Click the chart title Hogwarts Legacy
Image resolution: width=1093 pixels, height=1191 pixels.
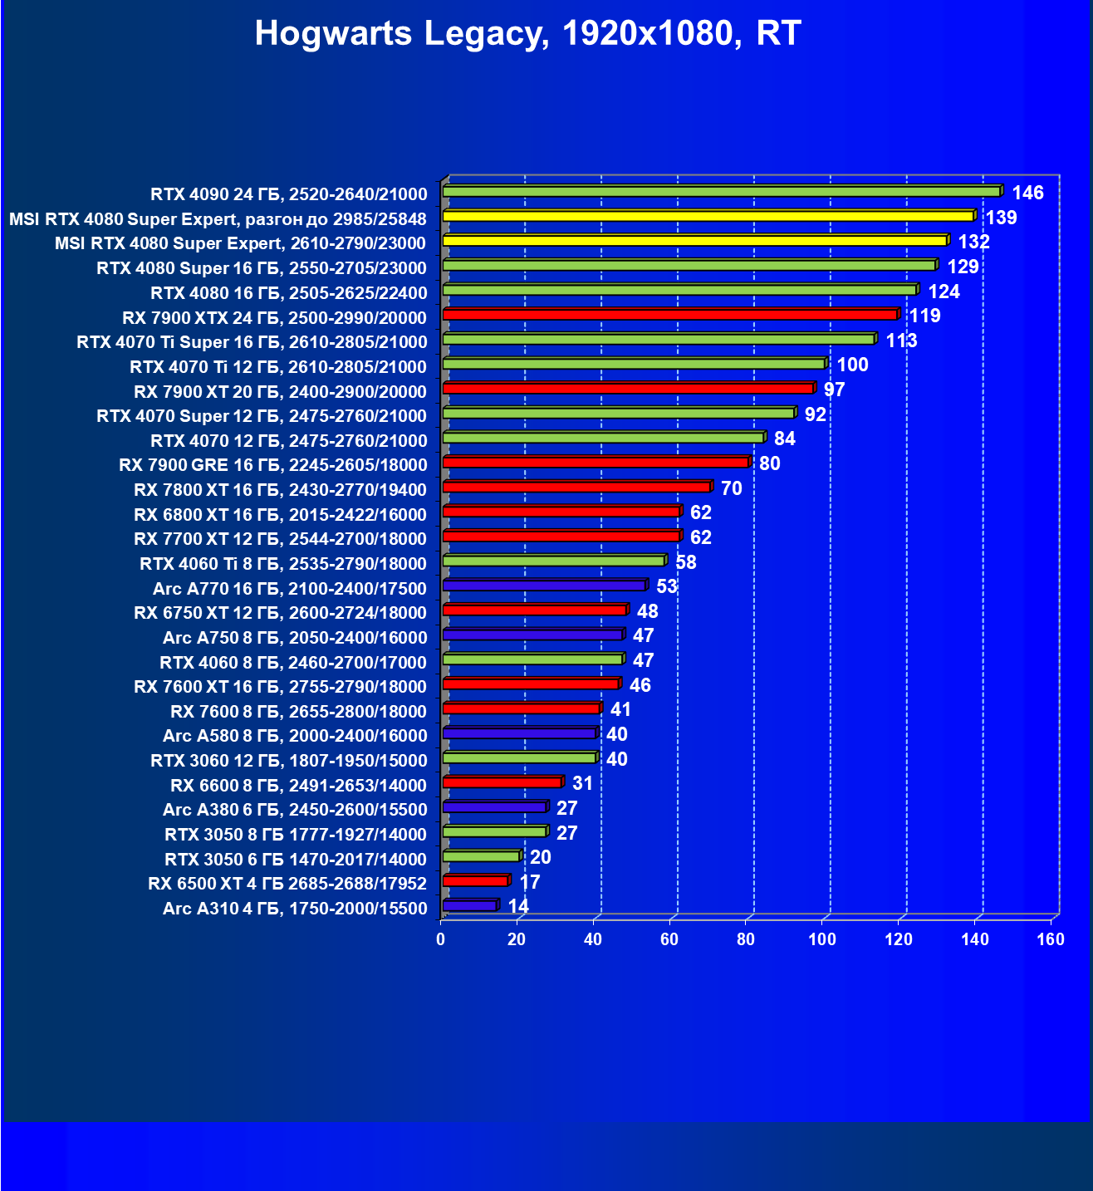(527, 34)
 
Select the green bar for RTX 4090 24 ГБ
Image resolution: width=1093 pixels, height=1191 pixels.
(721, 192)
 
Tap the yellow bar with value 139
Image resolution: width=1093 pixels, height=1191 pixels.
(708, 216)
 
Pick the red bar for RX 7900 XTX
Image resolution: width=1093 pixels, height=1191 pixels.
(669, 315)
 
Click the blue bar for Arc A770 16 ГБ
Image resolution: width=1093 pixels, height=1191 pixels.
(544, 586)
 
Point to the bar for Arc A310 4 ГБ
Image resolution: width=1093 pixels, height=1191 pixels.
(470, 905)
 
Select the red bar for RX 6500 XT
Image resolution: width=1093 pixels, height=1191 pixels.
(475, 881)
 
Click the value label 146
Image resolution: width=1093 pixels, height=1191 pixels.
(1027, 194)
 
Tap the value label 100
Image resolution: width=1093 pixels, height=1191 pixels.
(852, 365)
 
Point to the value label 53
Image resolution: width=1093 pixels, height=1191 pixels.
(667, 587)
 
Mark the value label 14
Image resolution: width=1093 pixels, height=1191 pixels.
(518, 906)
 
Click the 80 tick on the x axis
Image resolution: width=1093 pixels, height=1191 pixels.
(746, 939)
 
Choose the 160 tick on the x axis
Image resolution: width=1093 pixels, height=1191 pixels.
(1051, 939)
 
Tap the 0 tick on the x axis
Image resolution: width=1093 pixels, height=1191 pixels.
(441, 939)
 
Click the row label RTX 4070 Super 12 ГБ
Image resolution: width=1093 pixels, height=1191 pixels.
(261, 416)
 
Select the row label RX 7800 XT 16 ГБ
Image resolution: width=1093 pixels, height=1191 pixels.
(280, 490)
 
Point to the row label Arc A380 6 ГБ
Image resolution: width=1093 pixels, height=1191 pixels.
(295, 810)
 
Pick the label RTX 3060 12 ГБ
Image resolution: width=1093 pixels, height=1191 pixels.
(288, 761)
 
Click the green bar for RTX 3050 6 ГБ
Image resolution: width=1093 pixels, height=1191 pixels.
(481, 856)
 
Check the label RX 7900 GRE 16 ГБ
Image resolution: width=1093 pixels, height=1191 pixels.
(272, 465)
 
